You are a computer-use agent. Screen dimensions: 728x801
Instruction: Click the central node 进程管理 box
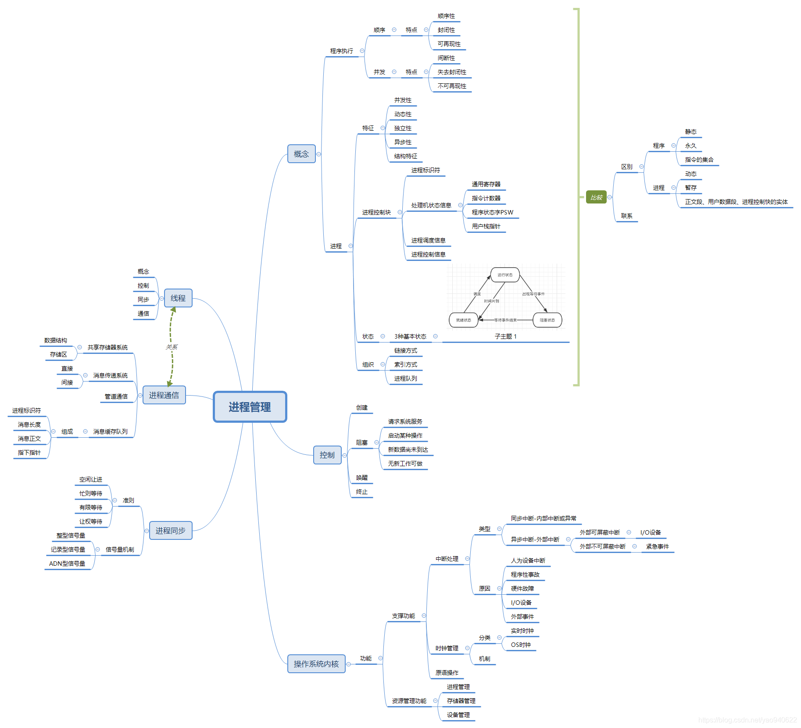250,407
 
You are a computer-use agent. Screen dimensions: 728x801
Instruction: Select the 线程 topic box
178,298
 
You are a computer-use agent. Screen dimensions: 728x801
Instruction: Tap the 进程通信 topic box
164,395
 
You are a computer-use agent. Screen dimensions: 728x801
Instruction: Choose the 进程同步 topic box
171,531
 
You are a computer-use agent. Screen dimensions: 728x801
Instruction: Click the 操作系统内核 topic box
316,664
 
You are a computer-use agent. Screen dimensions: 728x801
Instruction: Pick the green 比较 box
596,197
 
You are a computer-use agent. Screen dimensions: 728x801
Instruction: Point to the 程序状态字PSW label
492,213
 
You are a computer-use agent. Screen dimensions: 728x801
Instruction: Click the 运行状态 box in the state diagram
505,275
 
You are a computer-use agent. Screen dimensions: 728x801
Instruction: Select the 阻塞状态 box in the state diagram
547,320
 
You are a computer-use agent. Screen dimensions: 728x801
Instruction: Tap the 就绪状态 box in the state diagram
463,320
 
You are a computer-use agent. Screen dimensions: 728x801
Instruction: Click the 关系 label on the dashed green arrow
172,347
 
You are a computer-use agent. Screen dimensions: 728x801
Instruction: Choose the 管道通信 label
116,396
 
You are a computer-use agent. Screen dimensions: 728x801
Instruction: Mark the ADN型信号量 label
67,564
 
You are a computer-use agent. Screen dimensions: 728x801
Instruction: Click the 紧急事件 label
657,546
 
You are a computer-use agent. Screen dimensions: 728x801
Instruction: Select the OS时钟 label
521,645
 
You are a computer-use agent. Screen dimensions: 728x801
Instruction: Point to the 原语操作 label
447,673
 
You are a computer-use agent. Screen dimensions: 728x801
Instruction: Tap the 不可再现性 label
452,86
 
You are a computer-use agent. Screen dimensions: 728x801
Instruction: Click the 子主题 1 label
505,336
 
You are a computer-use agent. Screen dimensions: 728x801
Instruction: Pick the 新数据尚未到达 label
408,450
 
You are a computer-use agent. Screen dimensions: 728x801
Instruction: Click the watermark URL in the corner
747,720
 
